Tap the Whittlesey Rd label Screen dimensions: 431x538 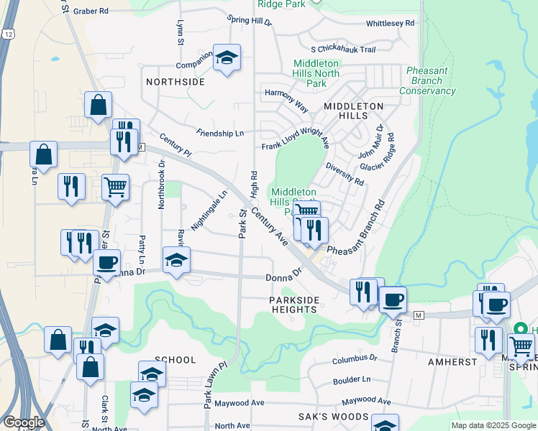391,23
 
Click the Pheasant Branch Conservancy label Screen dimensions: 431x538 427,81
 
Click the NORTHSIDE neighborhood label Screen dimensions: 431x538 175,82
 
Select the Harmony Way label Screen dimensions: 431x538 286,101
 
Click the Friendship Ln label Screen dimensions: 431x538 220,133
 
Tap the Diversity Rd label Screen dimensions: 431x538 345,172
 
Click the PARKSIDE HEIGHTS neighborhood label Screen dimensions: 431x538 293,304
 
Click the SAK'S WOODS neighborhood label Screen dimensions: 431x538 333,417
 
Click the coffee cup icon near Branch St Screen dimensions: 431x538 393,300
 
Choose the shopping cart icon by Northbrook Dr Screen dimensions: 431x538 115,187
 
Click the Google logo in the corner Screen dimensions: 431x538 23,422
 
